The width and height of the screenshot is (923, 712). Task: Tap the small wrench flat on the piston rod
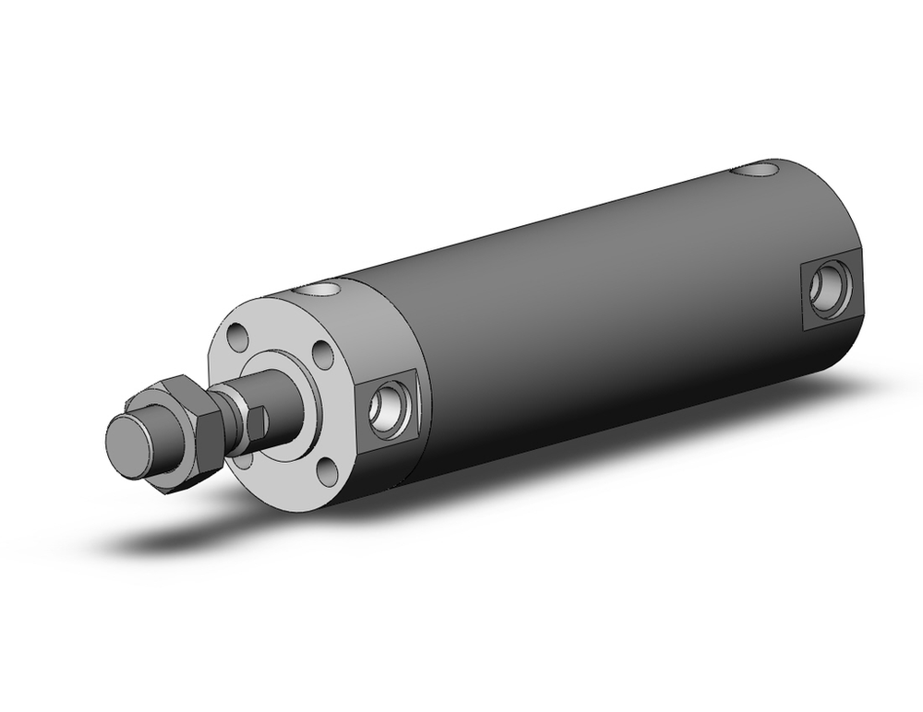(258, 421)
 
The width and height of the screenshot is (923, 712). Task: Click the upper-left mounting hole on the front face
(239, 338)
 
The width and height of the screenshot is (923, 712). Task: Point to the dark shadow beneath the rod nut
(175, 535)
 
